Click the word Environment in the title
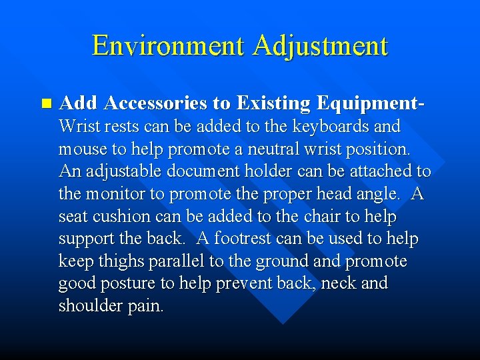[x=169, y=45]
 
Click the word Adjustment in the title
[x=321, y=45]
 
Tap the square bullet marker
[x=45, y=103]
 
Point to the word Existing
[x=273, y=103]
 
